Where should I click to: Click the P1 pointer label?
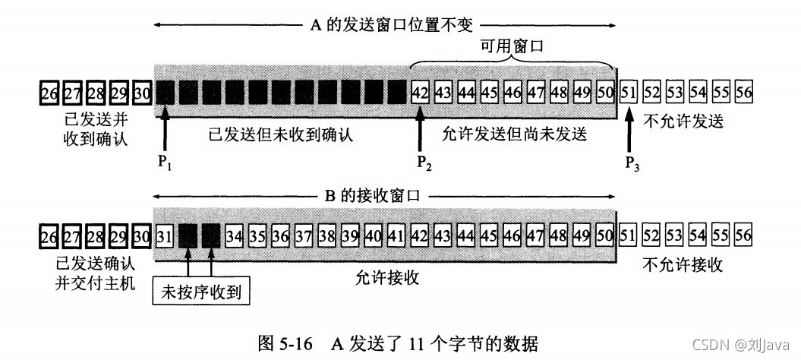164,164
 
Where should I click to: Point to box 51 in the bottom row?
629,236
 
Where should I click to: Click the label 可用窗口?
514,48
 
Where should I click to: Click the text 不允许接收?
683,265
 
